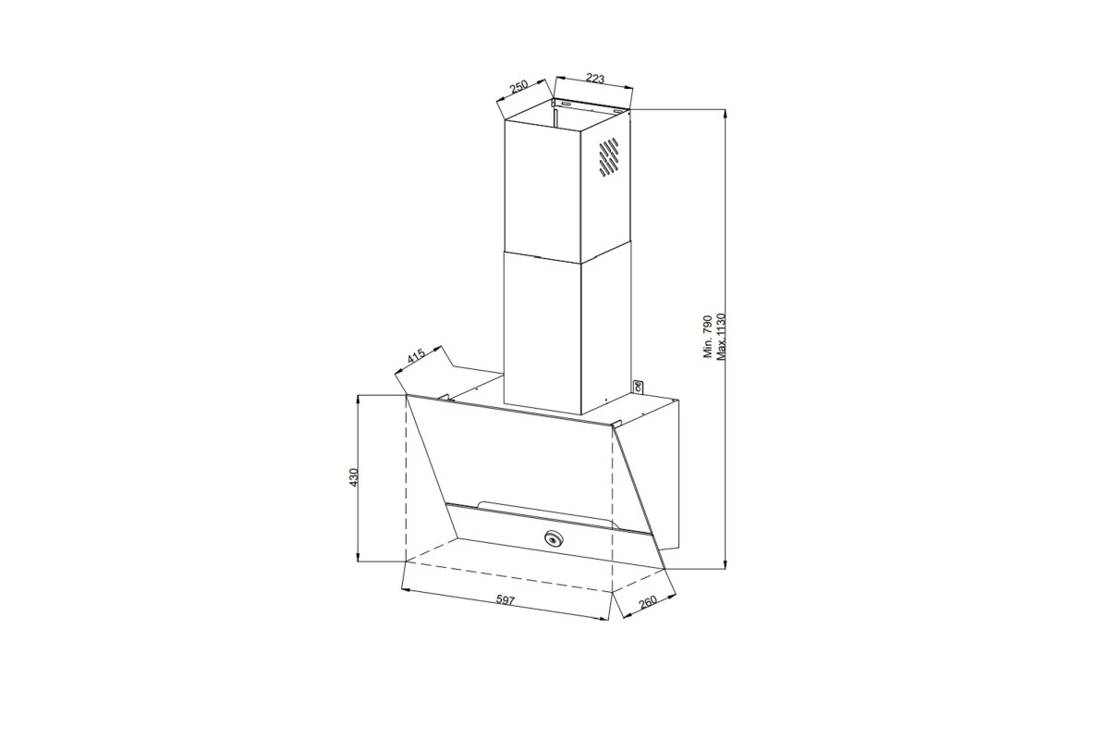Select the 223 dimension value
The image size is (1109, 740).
(x=595, y=79)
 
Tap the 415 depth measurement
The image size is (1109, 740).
(x=417, y=356)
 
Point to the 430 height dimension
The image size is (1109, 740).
(x=353, y=477)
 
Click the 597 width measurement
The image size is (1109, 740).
(x=506, y=600)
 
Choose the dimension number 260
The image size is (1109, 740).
(x=648, y=601)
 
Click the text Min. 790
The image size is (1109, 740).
(x=708, y=336)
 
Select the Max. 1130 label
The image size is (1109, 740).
(x=721, y=336)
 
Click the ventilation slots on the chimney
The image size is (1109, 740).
(x=608, y=157)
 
